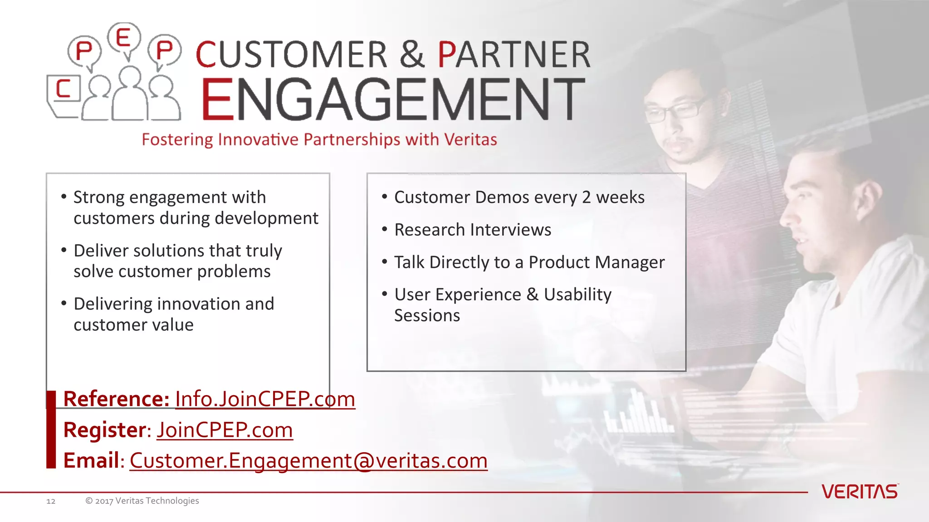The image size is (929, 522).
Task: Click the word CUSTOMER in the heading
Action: coord(292,54)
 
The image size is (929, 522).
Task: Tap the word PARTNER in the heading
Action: coord(514,54)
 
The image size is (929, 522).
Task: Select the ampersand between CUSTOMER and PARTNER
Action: coord(412,54)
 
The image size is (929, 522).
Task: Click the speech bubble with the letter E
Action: coord(124,37)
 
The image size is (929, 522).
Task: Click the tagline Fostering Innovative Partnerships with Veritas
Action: coord(319,140)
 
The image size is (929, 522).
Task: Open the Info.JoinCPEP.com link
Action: coord(265,399)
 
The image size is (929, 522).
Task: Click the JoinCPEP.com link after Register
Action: coord(225,430)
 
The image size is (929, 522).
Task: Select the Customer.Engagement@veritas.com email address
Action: coord(308,461)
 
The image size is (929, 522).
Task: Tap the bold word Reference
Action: coord(116,399)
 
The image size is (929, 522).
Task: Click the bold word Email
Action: coord(91,461)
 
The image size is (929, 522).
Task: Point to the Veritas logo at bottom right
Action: coord(860,492)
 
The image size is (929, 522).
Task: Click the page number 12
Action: coord(51,501)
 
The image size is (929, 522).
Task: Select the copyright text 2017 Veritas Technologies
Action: coord(142,501)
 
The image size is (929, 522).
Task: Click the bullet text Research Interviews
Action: coord(473,230)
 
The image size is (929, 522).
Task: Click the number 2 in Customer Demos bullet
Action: coord(587,198)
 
